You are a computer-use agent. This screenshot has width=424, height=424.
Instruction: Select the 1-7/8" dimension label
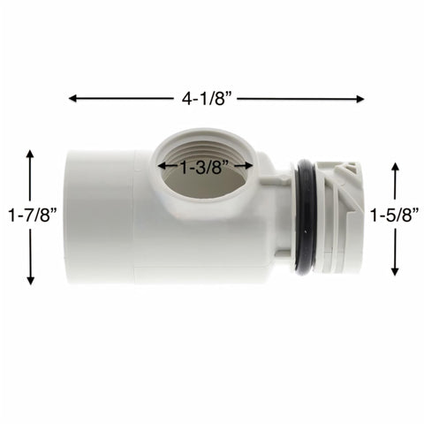click(31, 216)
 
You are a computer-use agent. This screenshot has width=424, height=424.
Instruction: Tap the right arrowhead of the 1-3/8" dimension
click(249, 164)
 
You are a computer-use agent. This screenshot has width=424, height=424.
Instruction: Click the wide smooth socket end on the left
click(97, 216)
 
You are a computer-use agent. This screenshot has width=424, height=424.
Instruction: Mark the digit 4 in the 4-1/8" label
click(186, 99)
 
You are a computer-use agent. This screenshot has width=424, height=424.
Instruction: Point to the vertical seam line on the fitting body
click(134, 216)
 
